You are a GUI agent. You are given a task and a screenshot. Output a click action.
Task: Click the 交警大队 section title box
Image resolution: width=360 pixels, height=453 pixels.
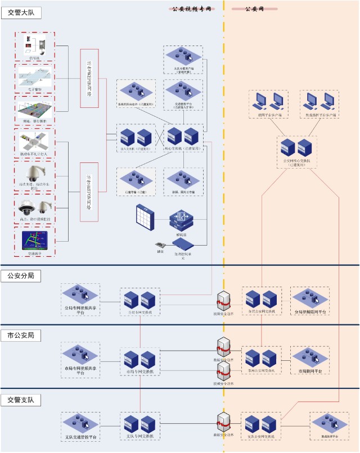pyautogui.click(x=21, y=13)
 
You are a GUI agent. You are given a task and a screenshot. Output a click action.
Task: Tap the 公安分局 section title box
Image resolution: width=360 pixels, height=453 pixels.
pyautogui.click(x=21, y=276)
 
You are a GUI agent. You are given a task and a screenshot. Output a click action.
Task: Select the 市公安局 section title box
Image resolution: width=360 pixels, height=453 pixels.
pyautogui.click(x=21, y=335)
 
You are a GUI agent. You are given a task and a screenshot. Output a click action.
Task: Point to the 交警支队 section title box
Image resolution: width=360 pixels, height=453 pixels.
pyautogui.click(x=21, y=400)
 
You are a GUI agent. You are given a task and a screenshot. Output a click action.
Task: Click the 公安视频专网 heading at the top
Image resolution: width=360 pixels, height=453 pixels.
pyautogui.click(x=191, y=10)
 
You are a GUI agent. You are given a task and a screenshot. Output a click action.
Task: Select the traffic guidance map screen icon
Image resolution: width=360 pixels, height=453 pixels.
pyautogui.click(x=34, y=241)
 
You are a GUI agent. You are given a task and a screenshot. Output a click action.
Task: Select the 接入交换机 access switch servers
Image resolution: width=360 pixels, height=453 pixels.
pyautogui.click(x=136, y=136)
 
